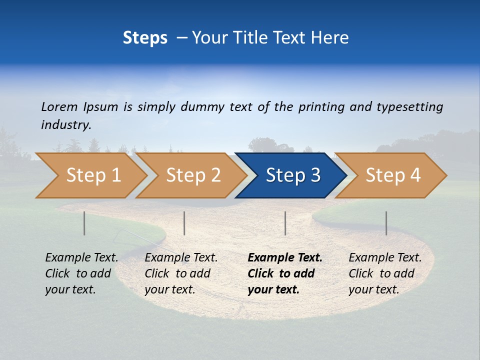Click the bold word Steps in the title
(x=145, y=37)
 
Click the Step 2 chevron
(x=193, y=175)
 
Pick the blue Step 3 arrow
(x=292, y=175)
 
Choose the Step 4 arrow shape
(x=392, y=175)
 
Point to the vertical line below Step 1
(x=84, y=223)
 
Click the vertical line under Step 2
(x=184, y=223)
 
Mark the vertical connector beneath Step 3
(x=285, y=223)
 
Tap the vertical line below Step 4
(x=386, y=223)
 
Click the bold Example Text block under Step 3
(x=285, y=273)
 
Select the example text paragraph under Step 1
(x=81, y=273)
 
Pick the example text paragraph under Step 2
(x=181, y=273)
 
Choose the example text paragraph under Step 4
(x=385, y=273)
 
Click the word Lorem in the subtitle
(x=59, y=107)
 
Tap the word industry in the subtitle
(x=65, y=125)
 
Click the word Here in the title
(x=330, y=37)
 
